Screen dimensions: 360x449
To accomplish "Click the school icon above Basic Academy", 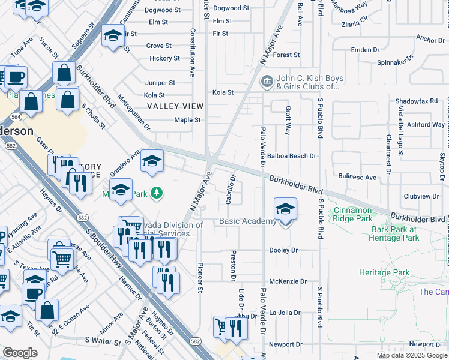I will click(x=285, y=209).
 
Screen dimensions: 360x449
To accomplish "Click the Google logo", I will click(x=20, y=352).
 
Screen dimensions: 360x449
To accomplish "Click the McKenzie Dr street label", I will click(x=288, y=281).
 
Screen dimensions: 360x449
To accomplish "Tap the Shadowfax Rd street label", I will click(x=417, y=101).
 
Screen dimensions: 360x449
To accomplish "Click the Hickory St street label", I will click(x=161, y=59).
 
